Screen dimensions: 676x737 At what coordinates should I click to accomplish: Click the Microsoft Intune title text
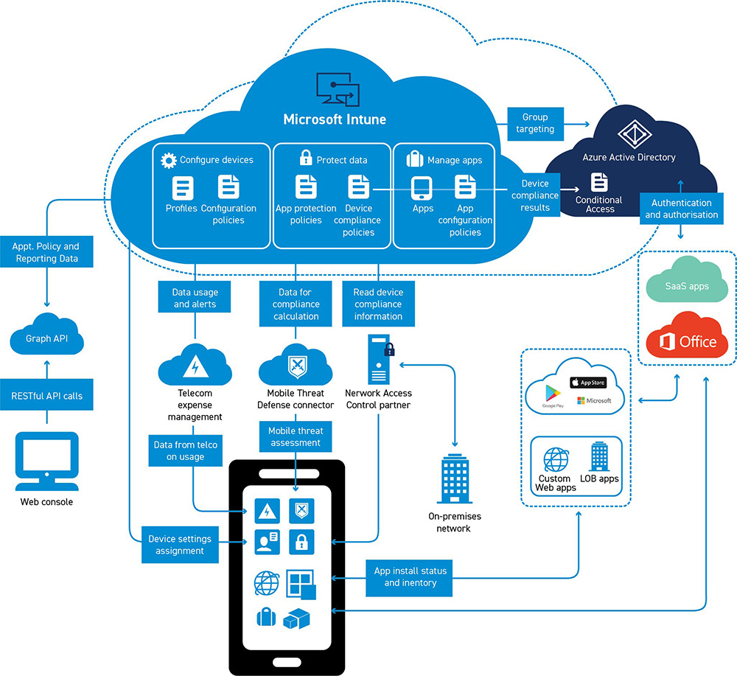click(335, 119)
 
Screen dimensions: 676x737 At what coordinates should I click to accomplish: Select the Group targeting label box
click(535, 122)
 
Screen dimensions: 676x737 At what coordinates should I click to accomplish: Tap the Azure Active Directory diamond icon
click(630, 132)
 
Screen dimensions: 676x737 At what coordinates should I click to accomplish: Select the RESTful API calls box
click(47, 396)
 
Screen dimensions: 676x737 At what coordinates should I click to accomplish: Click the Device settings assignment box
click(180, 545)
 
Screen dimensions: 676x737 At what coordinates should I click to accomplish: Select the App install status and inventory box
click(410, 576)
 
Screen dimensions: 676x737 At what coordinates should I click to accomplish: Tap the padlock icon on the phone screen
click(301, 543)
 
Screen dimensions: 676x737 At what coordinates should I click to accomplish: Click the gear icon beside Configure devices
click(169, 160)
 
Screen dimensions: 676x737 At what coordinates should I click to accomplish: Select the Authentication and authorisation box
click(681, 209)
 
